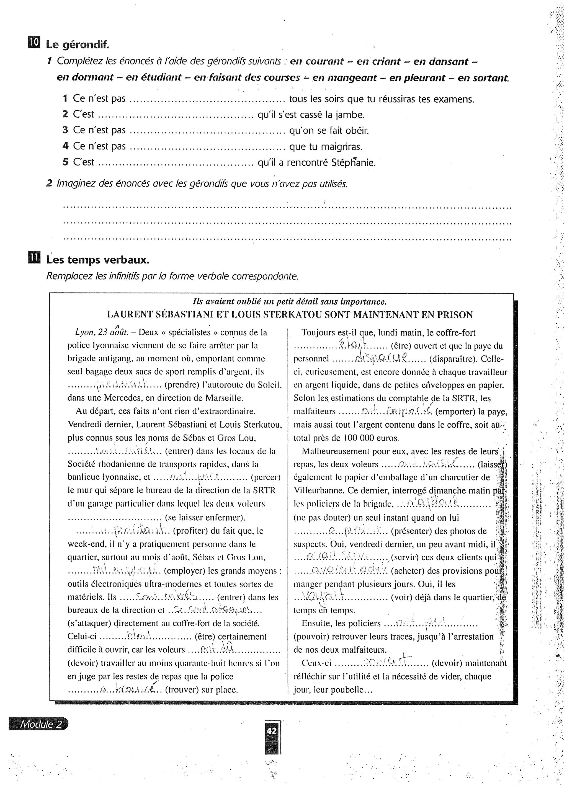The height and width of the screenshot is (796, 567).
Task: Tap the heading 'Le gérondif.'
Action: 78,45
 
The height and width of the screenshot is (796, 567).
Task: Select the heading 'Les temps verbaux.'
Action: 98,260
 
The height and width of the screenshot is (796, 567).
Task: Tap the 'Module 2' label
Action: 40,725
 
